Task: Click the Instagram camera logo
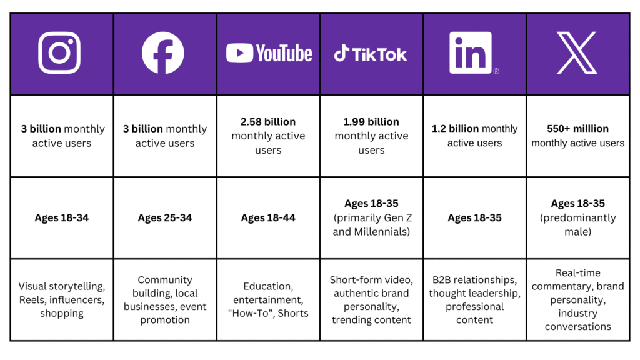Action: tap(59, 53)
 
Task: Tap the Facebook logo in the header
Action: tap(163, 53)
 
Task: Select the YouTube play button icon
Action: tap(240, 53)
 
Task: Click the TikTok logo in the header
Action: tap(371, 54)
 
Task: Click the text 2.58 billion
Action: tap(268, 121)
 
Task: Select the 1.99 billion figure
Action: tap(371, 121)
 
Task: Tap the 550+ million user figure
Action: tap(577, 128)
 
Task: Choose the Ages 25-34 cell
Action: tap(165, 218)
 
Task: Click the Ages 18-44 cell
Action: tap(268, 218)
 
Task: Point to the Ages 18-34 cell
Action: tap(61, 218)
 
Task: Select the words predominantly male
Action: tap(577, 225)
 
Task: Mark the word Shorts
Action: tap(294, 313)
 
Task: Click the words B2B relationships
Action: tap(474, 279)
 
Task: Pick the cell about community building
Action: tap(165, 300)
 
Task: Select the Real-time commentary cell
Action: tap(577, 300)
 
